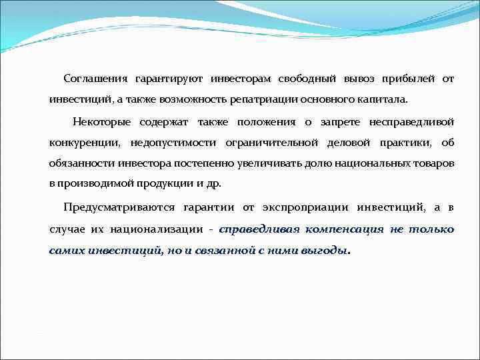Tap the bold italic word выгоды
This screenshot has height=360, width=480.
click(x=325, y=251)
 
